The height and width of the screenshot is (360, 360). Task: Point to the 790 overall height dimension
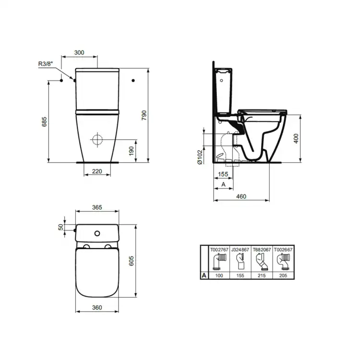pyautogui.click(x=144, y=116)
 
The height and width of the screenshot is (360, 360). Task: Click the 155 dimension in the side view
pyautogui.click(x=223, y=175)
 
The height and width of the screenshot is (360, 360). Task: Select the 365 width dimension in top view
pyautogui.click(x=97, y=208)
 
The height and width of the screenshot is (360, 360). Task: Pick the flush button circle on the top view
pyautogui.click(x=97, y=234)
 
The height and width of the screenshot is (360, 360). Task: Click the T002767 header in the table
pyautogui.click(x=218, y=250)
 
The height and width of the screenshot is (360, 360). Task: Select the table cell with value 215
pyautogui.click(x=261, y=276)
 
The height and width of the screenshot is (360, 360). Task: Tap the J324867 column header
pyautogui.click(x=240, y=250)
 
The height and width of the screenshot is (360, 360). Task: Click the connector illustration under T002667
pyautogui.click(x=282, y=262)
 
